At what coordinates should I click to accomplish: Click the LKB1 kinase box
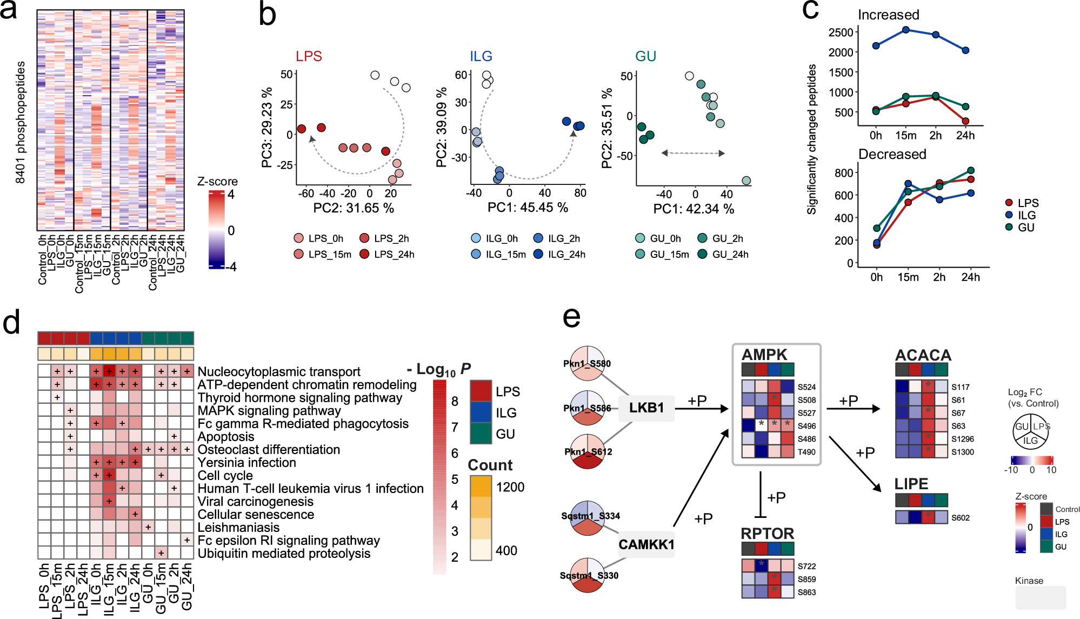646,408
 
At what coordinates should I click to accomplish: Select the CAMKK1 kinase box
646,544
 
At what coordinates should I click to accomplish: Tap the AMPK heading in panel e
764,355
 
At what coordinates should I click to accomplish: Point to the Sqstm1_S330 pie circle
587,575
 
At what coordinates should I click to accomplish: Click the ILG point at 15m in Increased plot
906,30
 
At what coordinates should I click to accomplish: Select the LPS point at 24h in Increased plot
965,121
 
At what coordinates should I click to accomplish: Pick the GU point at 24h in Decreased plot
971,171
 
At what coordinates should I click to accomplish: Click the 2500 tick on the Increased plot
841,32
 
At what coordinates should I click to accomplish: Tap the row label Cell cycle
225,476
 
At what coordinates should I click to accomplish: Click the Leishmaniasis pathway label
238,528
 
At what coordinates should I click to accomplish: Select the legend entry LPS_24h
394,254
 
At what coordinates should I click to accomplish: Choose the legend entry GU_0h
665,238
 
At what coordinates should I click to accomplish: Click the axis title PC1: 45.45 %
528,208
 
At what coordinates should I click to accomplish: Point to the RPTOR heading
767,534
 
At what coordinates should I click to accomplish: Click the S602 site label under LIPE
960,518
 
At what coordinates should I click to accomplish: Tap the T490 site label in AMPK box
806,452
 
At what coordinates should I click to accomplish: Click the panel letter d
12,323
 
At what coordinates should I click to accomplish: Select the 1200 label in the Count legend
510,487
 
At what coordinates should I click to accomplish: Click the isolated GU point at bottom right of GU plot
746,181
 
